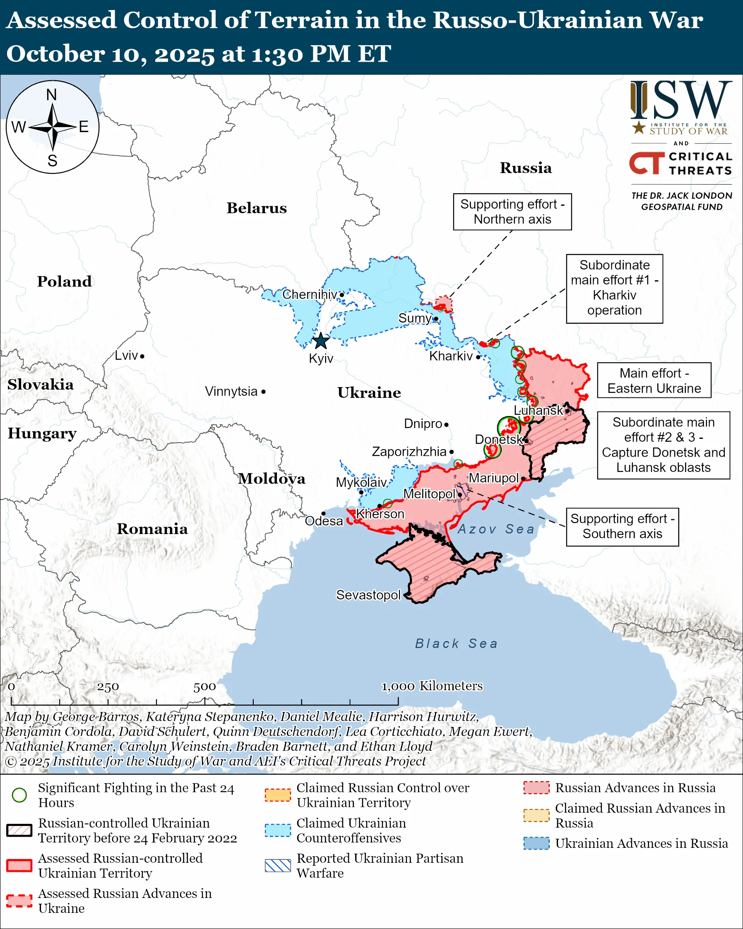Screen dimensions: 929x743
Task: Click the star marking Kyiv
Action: tap(321, 341)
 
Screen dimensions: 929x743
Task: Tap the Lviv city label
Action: tap(126, 356)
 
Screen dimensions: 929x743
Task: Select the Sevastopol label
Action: tap(368, 595)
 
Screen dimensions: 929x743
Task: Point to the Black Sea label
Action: tap(456, 643)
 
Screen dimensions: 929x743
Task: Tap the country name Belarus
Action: tap(257, 208)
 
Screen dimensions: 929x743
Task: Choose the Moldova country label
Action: tap(272, 478)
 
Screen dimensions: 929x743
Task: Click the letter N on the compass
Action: tap(52, 95)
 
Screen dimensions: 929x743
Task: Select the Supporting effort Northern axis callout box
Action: tap(512, 212)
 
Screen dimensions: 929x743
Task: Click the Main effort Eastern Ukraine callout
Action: tap(654, 380)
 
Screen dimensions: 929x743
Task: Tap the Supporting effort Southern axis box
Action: tap(623, 527)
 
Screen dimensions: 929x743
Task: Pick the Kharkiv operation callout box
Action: tap(614, 288)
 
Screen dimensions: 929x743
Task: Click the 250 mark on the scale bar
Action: tap(108, 686)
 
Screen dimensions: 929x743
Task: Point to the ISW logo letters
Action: tap(681, 101)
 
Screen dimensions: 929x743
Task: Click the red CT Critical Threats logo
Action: tap(647, 163)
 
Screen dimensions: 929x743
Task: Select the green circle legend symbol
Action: tap(19, 795)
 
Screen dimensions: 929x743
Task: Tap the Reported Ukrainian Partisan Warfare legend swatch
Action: tap(278, 865)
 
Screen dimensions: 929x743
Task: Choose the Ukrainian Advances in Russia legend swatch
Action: tap(536, 843)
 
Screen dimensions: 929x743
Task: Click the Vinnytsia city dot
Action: tap(264, 392)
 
